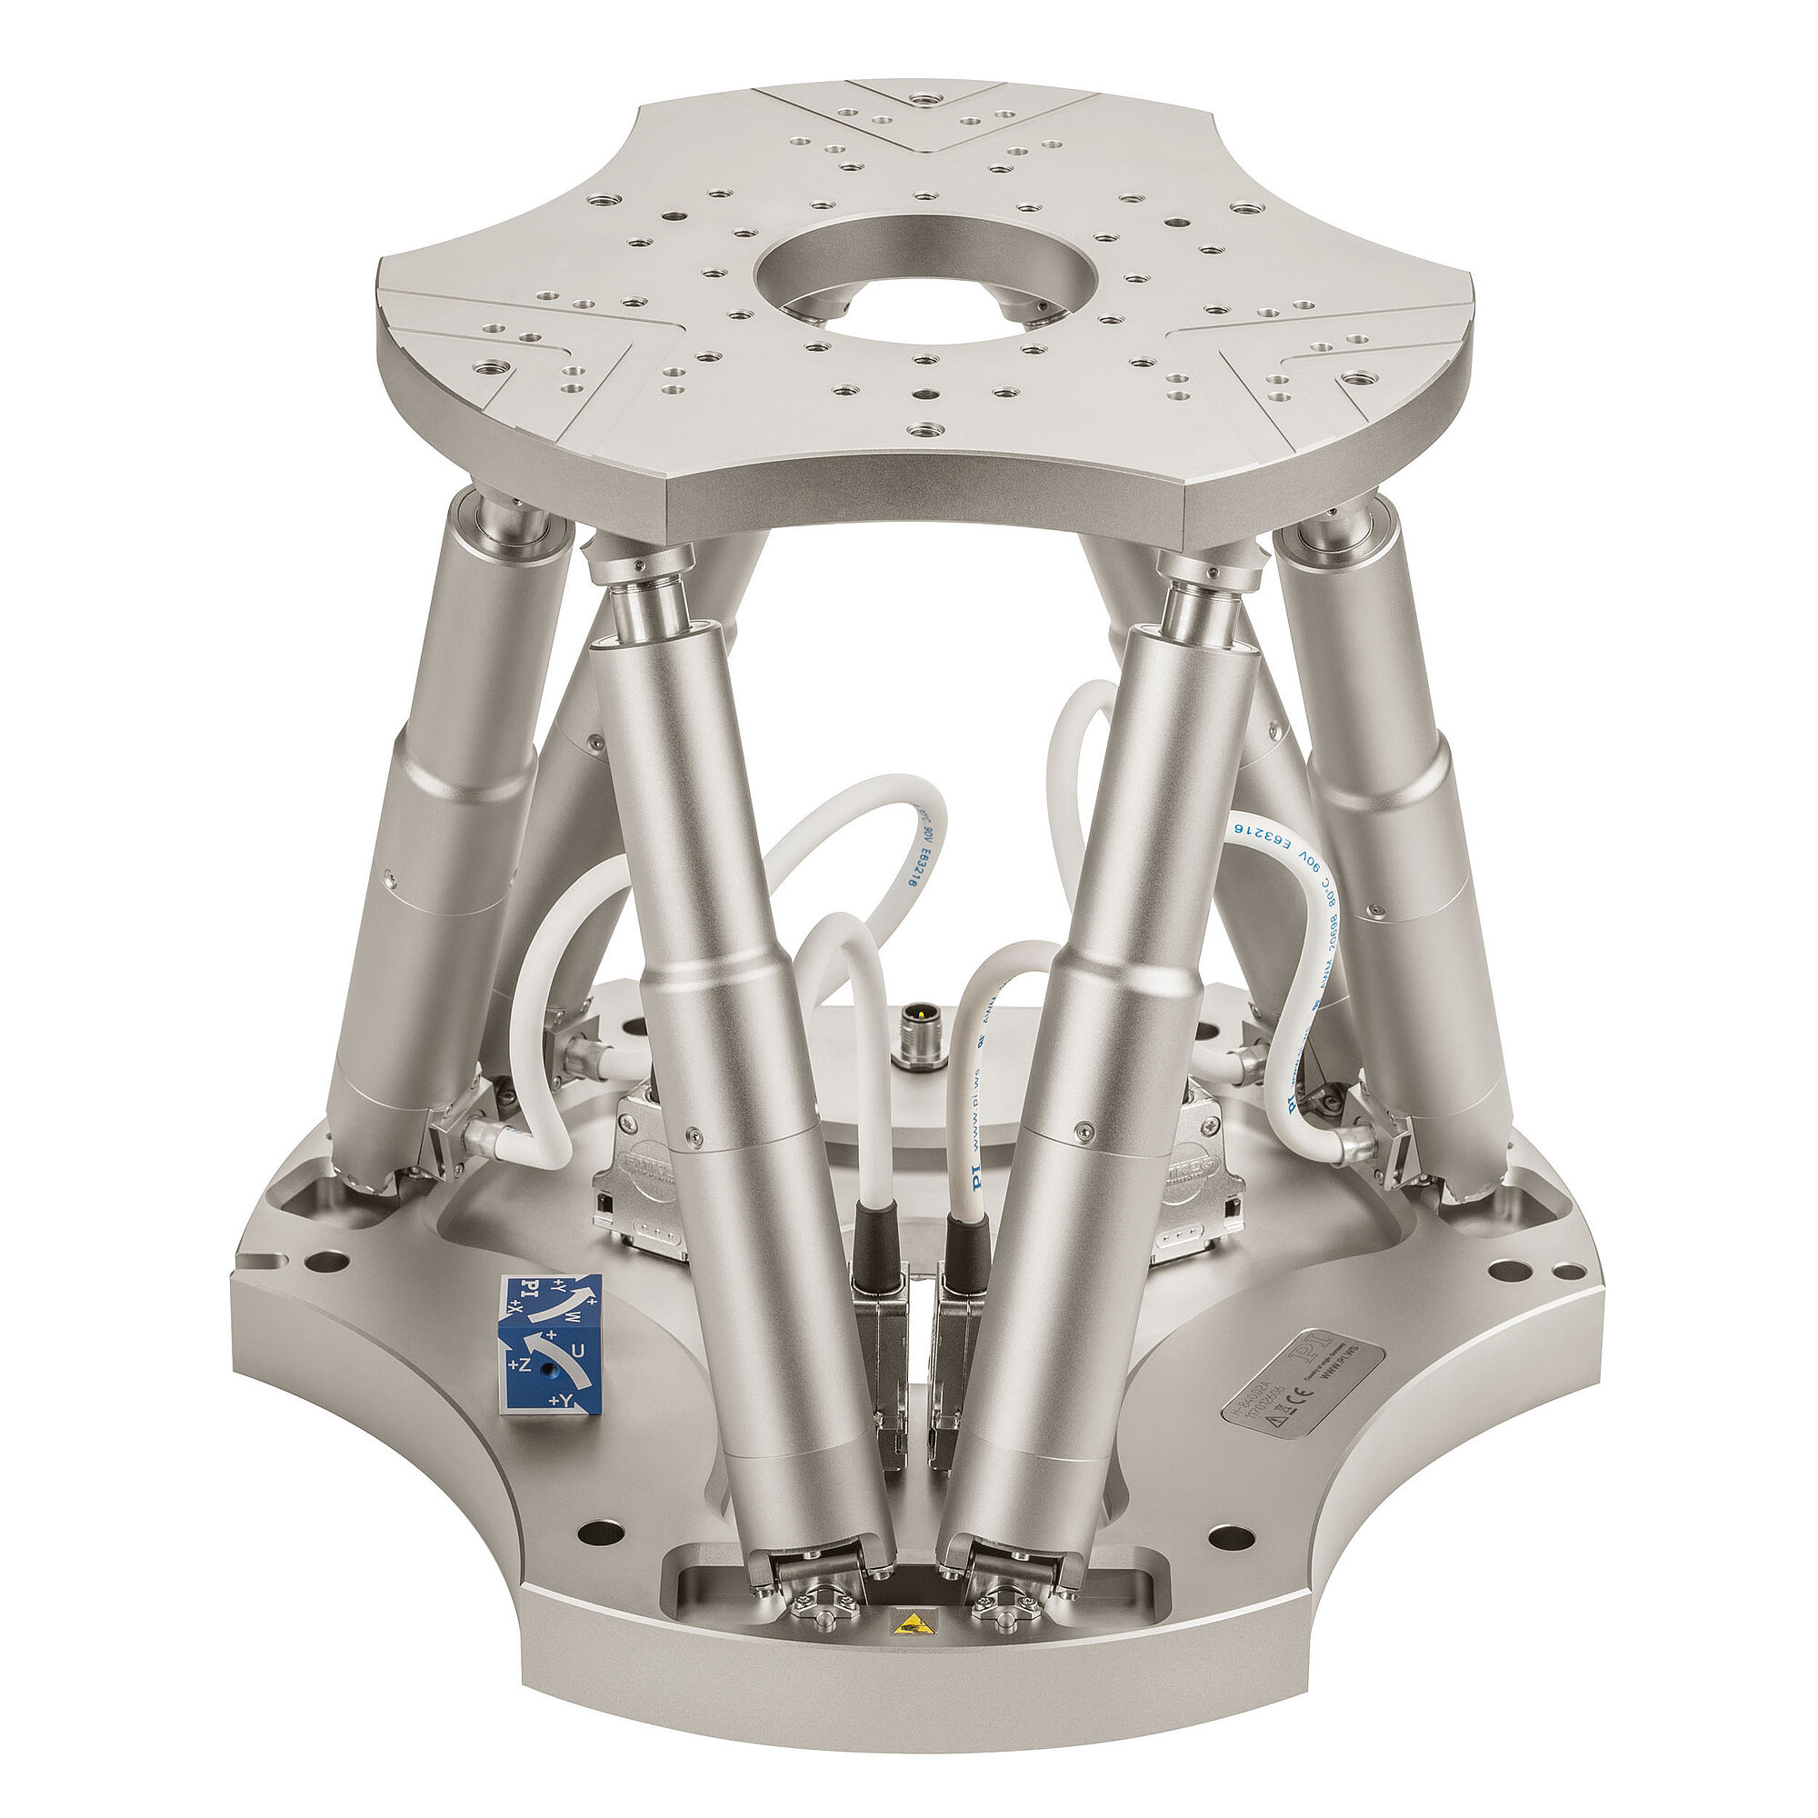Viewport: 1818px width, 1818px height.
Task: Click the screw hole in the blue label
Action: tap(552, 1372)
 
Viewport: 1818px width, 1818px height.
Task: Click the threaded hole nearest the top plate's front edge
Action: tap(925, 431)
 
